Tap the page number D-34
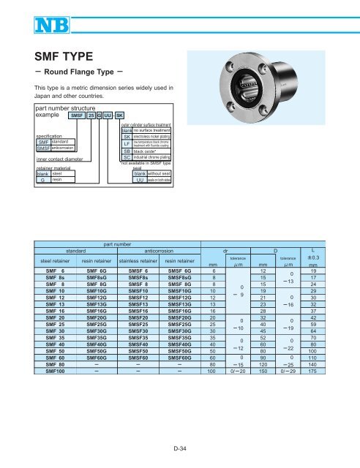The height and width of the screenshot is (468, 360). pyautogui.click(x=180, y=448)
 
